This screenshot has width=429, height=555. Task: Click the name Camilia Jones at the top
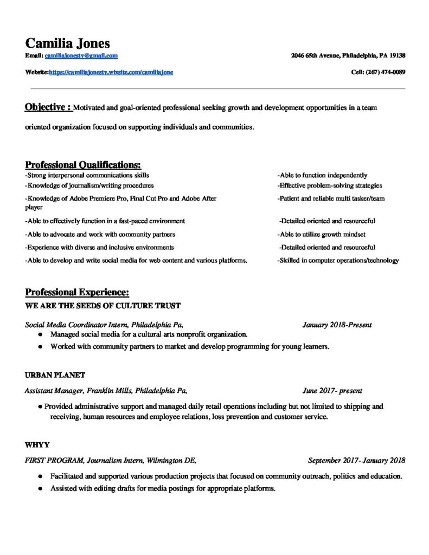(67, 43)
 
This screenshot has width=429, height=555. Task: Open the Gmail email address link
(81, 56)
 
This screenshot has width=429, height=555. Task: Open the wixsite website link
(111, 72)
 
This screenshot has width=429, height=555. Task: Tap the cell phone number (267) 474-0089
(386, 72)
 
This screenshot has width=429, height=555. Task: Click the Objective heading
(48, 107)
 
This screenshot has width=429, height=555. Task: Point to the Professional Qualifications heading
(83, 165)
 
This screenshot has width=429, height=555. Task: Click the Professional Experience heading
(77, 293)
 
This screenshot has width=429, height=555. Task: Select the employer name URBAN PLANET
(55, 375)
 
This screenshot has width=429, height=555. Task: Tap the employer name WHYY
(37, 445)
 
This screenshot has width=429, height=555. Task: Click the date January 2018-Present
(337, 325)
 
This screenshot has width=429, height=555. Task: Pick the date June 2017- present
(332, 390)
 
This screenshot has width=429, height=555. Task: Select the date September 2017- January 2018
(356, 461)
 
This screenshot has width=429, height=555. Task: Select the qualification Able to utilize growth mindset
(322, 235)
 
